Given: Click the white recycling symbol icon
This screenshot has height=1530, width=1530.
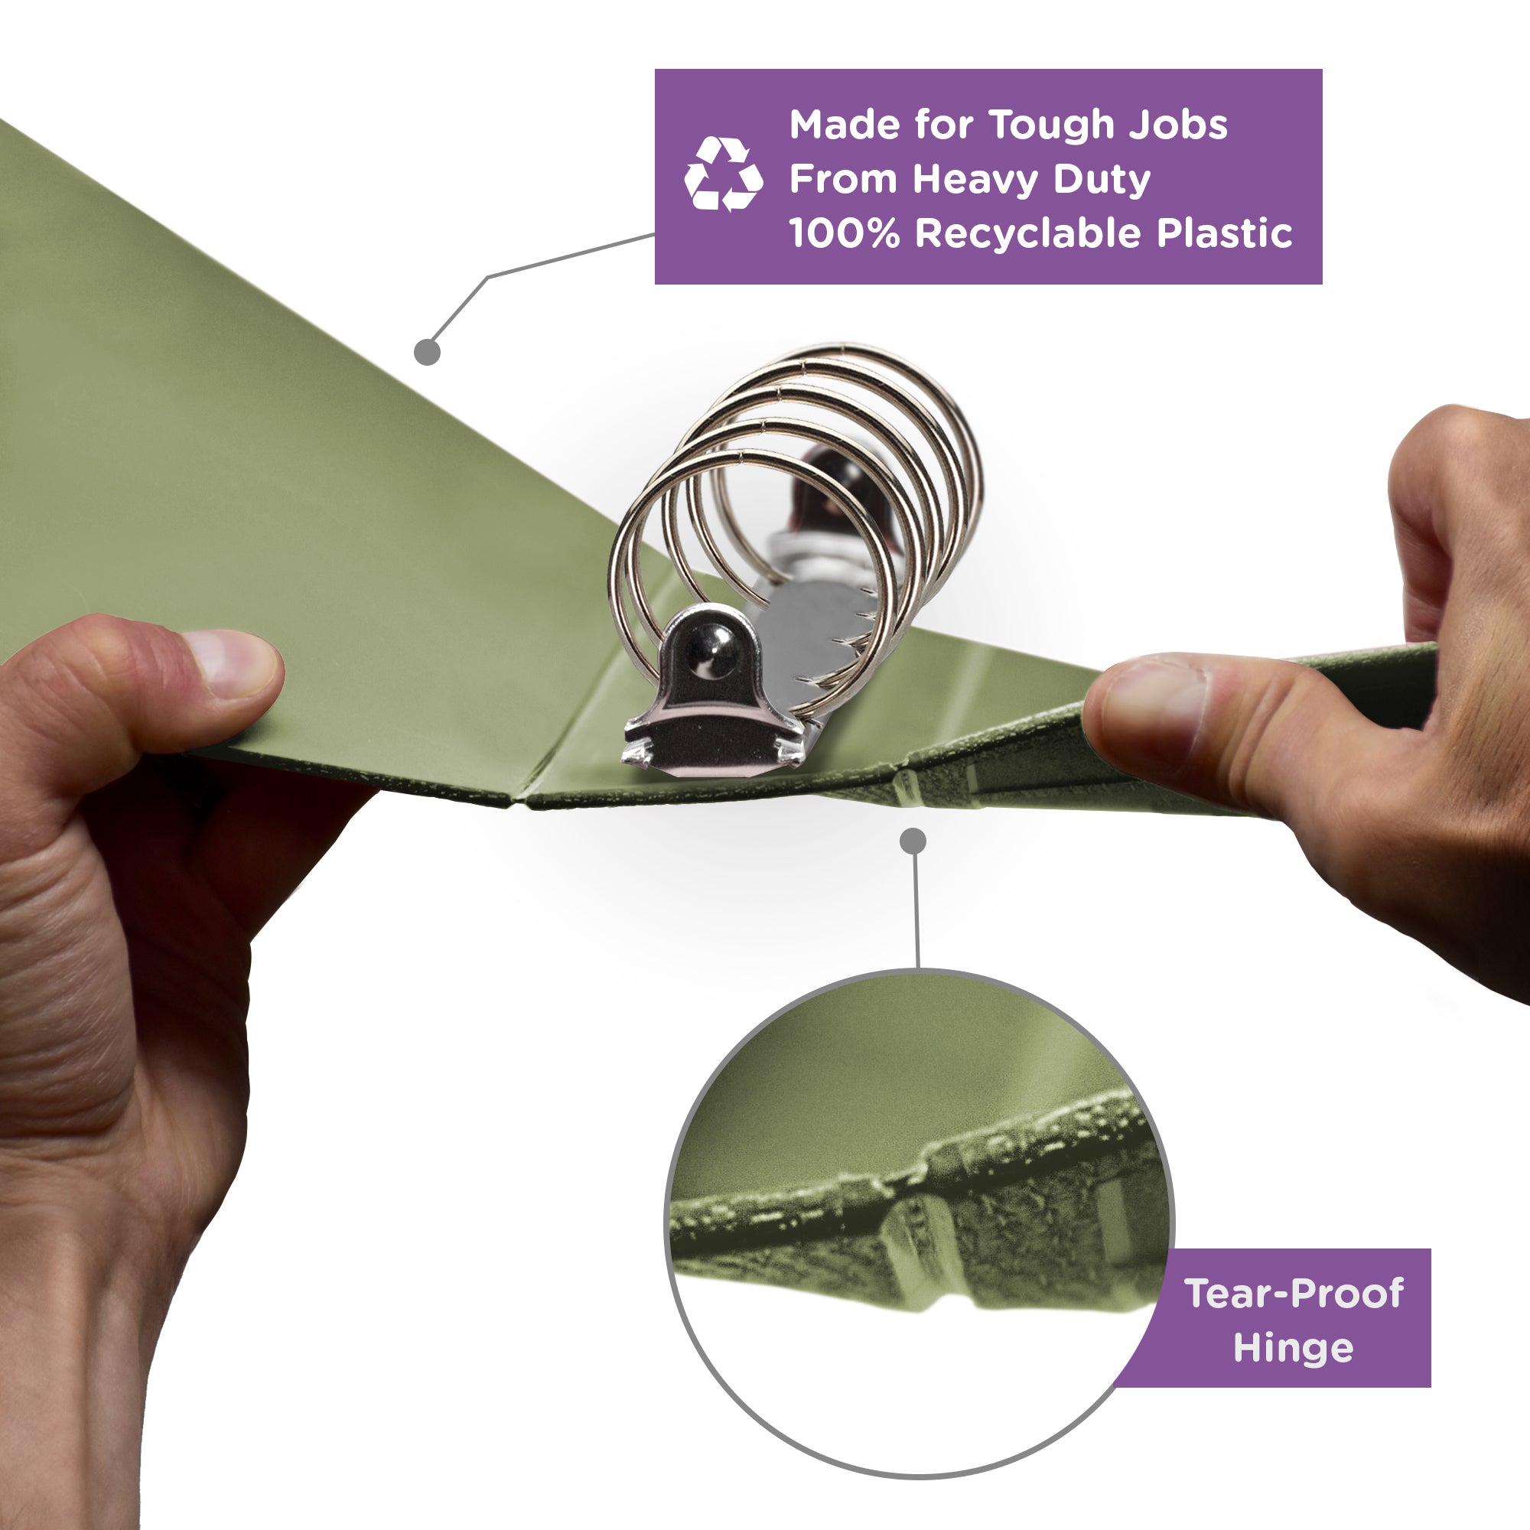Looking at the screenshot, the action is click(x=723, y=174).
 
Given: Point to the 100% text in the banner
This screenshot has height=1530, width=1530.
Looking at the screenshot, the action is click(x=845, y=233).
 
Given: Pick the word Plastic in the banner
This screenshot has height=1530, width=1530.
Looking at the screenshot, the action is click(x=1223, y=233).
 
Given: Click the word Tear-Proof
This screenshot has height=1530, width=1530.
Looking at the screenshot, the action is click(x=1294, y=1293).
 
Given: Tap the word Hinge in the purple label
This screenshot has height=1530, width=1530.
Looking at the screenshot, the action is click(x=1294, y=1348).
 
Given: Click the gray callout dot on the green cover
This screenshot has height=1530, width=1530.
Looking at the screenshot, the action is click(x=427, y=353).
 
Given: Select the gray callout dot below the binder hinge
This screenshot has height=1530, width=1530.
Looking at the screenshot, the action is click(x=913, y=841).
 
